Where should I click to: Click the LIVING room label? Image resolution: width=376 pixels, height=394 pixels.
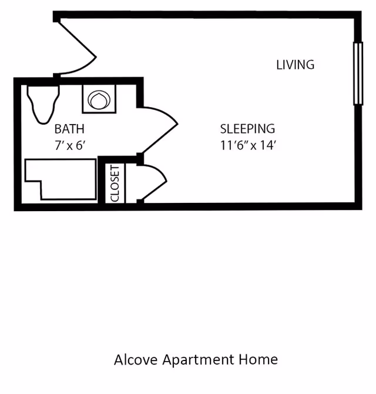(x=295, y=65)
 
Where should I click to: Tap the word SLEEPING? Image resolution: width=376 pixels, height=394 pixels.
(x=247, y=129)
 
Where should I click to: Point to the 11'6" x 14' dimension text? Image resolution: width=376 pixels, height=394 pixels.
(x=249, y=145)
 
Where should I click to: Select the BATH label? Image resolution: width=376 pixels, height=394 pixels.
(x=69, y=129)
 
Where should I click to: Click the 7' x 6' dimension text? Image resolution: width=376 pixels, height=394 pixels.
(x=70, y=145)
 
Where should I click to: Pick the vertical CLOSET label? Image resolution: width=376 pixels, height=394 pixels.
(x=115, y=183)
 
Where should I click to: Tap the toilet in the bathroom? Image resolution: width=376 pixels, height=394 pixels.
(x=43, y=105)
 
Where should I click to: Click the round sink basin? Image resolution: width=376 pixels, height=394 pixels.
(x=99, y=99)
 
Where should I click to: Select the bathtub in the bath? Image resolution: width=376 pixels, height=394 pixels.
(x=61, y=179)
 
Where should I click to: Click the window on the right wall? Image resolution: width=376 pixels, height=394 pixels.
(x=358, y=73)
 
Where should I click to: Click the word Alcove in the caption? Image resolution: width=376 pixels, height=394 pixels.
(x=136, y=359)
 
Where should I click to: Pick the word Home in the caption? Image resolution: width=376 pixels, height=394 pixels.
(x=258, y=359)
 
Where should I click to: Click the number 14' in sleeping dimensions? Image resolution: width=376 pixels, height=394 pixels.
(x=268, y=145)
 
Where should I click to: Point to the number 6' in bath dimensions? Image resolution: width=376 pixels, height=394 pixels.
(x=81, y=145)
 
